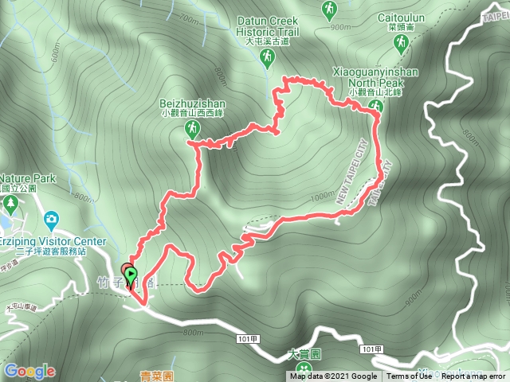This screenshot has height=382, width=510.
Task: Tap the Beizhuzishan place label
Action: [x=193, y=104]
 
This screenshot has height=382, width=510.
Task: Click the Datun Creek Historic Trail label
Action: [x=267, y=26]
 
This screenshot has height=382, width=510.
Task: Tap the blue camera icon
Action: [x=51, y=218]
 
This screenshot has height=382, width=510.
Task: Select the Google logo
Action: [x=29, y=371]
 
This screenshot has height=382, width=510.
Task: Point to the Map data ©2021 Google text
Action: [x=333, y=376]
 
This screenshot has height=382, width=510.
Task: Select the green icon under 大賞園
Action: [x=303, y=370]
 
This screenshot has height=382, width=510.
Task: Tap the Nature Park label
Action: [x=28, y=179]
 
